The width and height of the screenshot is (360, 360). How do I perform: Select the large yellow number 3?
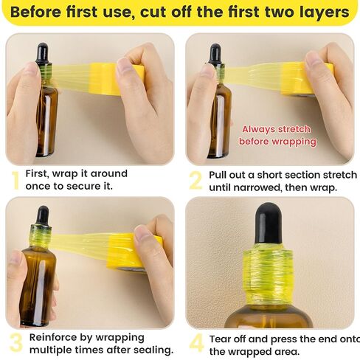(15, 343)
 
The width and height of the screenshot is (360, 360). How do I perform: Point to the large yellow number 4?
(196, 344)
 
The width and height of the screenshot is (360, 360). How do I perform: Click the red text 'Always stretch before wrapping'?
(279, 135)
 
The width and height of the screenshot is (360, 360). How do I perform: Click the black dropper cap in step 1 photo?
(42, 54)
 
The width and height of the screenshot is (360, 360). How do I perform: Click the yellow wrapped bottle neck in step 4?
(268, 274)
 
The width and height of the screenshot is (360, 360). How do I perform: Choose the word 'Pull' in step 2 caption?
(221, 175)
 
